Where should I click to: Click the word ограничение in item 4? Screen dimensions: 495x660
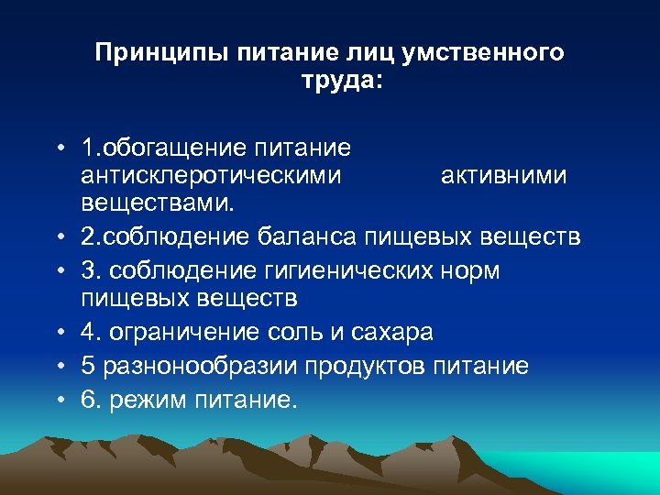pos(190,331)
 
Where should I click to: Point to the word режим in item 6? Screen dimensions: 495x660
pos(150,401)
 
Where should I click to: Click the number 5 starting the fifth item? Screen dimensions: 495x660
pos(87,366)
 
